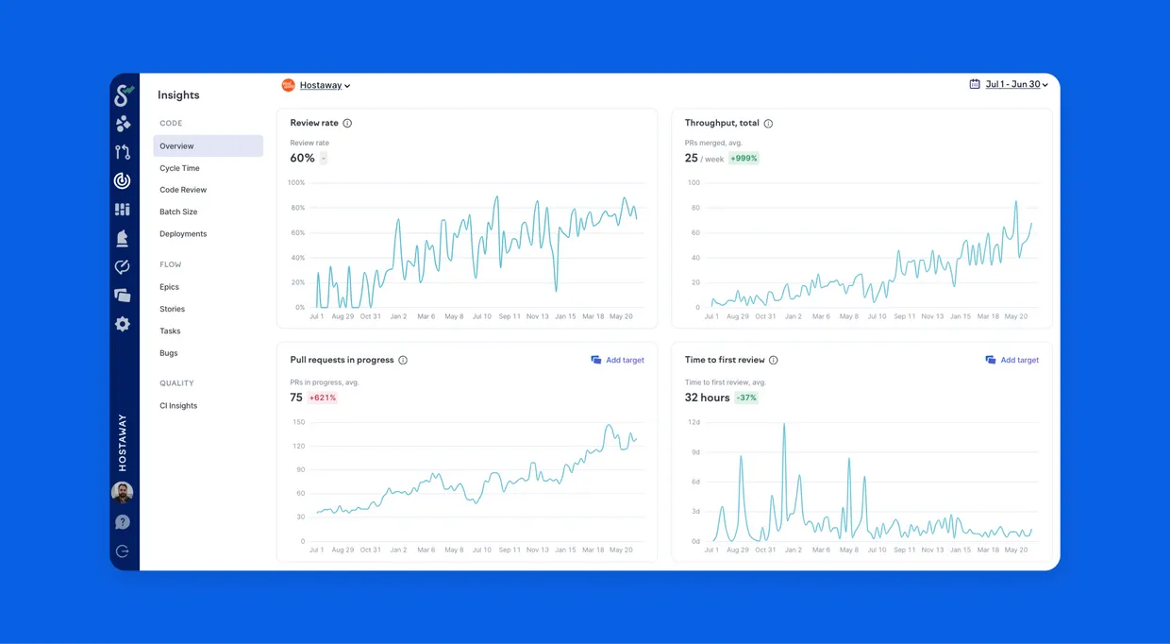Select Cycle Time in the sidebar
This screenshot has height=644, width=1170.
[x=179, y=168]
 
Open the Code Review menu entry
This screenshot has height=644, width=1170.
[x=183, y=190]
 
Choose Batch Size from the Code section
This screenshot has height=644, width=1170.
[x=178, y=212]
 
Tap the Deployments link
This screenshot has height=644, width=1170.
[x=183, y=233]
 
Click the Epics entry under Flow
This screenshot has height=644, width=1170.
[x=169, y=287]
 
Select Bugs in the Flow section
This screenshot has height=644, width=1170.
[x=168, y=353]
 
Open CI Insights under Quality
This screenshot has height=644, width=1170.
[x=178, y=406]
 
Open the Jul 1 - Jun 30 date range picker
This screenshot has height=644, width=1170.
[x=1009, y=84]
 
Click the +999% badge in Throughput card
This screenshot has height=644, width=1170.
[x=744, y=159]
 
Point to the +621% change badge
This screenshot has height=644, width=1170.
[x=323, y=398]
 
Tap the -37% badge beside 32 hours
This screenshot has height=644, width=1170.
[x=745, y=398]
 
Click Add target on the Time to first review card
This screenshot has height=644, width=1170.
[x=1011, y=360]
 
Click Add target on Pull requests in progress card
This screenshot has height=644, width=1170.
[x=617, y=360]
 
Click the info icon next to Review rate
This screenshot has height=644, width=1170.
[x=347, y=124]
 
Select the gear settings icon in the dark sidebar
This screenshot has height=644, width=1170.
[x=123, y=324]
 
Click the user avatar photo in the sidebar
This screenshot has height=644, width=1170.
[x=123, y=492]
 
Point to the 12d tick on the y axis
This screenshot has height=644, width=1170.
[x=694, y=422]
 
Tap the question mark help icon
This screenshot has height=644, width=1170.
[x=123, y=522]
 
